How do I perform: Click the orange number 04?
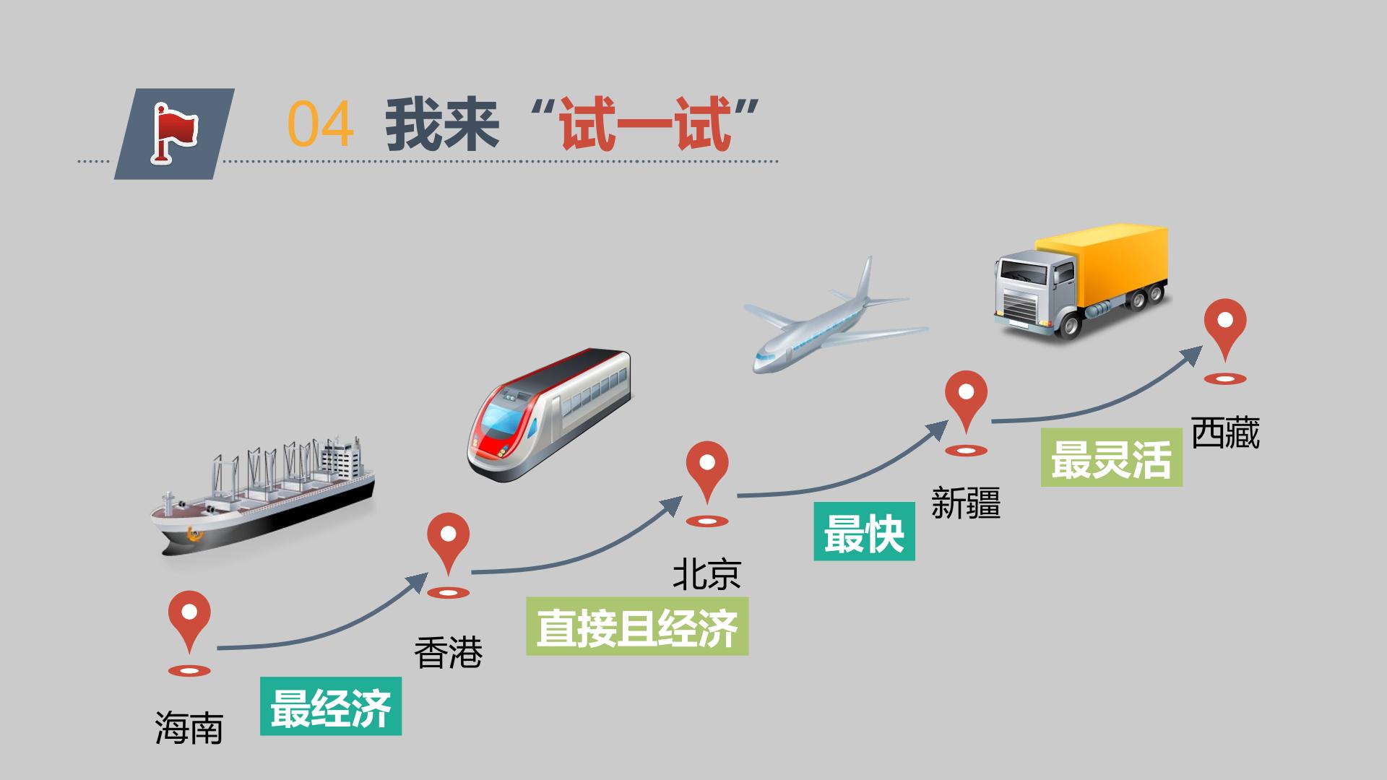point(320,125)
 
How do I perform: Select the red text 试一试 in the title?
point(643,125)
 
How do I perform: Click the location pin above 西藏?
point(1225,342)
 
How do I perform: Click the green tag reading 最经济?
point(331,706)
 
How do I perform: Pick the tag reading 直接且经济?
point(637,627)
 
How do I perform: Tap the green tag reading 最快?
point(865,532)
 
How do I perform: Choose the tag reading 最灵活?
point(1111,457)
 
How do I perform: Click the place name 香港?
point(449,653)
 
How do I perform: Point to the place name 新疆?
point(966,503)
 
